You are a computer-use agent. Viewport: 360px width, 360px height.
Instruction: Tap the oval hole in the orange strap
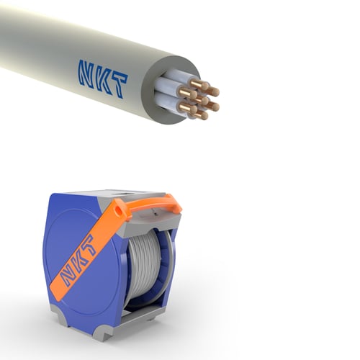[x=118, y=210]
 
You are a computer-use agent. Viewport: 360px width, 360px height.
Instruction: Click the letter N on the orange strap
[x=66, y=276]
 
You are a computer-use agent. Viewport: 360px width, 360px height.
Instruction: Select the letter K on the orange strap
[x=79, y=261]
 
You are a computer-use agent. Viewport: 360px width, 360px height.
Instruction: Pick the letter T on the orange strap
[x=89, y=247]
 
